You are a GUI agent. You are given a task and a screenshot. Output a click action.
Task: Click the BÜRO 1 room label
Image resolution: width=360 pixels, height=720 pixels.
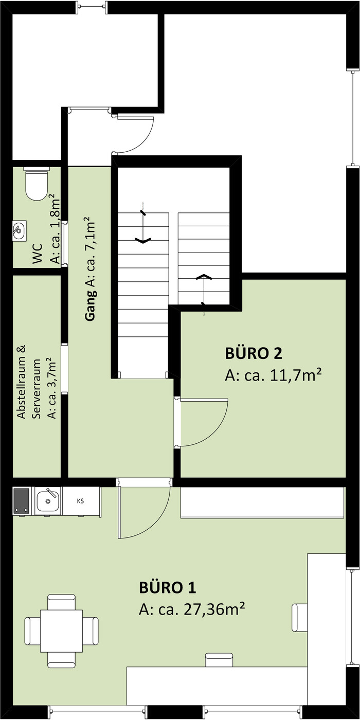[x=168, y=588]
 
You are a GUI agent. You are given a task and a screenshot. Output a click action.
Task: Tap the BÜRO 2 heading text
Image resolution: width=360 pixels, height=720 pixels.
[x=253, y=354]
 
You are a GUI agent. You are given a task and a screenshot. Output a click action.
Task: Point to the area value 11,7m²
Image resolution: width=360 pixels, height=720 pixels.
[x=296, y=375]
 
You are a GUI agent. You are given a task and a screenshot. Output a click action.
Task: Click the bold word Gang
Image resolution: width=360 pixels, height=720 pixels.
[x=91, y=305]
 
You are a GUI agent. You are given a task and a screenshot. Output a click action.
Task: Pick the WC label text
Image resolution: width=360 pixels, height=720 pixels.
[x=38, y=254]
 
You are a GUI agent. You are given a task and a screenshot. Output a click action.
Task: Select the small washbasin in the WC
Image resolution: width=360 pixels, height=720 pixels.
[x=20, y=231]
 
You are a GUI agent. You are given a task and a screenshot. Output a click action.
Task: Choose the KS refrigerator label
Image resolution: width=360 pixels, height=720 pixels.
[x=80, y=501]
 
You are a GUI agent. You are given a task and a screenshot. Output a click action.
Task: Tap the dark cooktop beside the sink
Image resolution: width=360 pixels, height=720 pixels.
[x=22, y=501]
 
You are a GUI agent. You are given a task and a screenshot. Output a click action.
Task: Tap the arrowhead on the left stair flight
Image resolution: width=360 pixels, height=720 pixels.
[x=143, y=240]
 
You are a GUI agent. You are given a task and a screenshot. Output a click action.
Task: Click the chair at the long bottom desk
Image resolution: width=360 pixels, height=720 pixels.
[x=219, y=659]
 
